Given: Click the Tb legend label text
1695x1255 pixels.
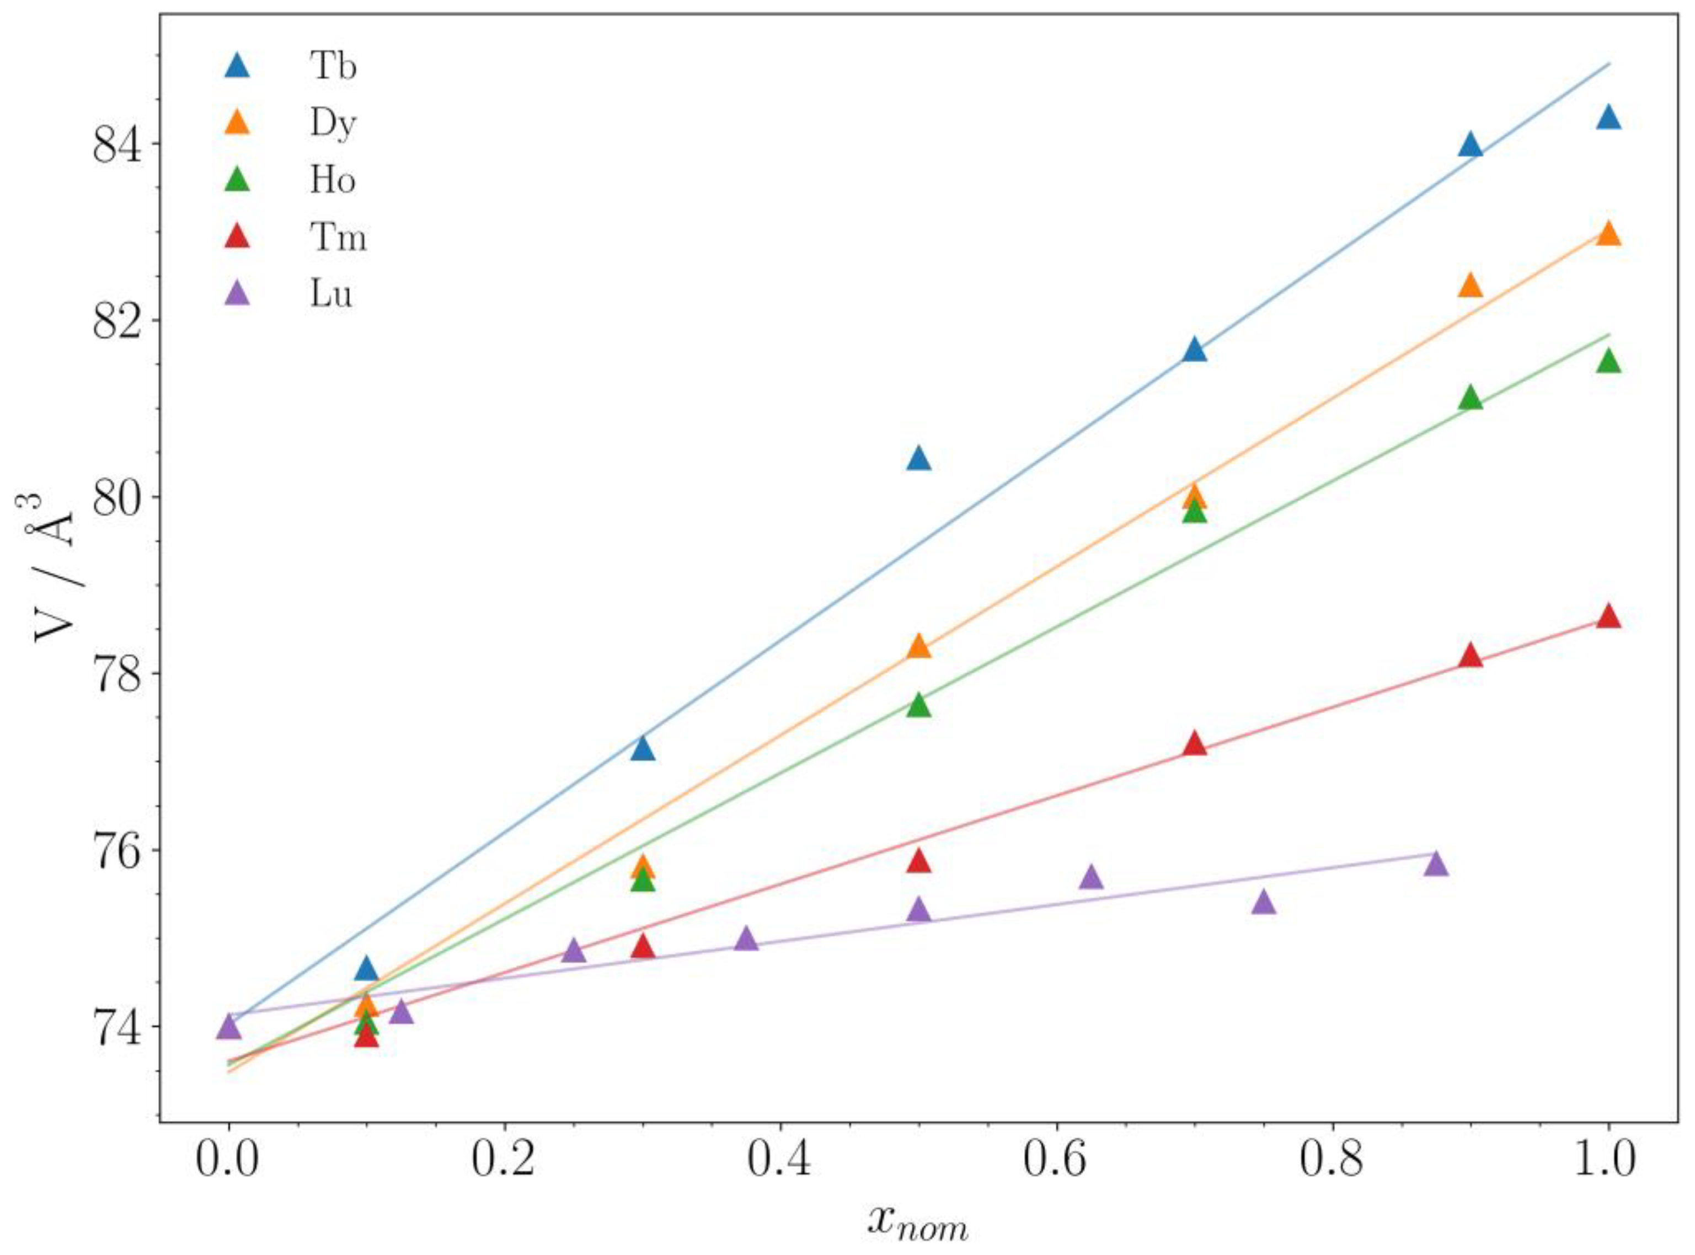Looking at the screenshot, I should (333, 67).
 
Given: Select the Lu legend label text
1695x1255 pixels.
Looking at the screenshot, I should (331, 294).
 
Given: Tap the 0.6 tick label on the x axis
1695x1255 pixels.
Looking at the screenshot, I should (1056, 1162).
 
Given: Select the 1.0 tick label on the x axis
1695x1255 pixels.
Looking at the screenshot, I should (1608, 1162).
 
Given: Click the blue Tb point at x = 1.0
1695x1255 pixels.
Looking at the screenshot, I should (1608, 119).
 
